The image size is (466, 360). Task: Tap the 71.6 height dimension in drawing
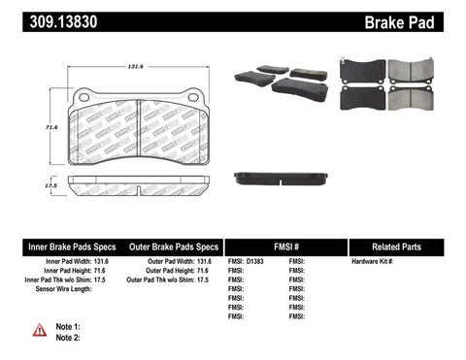coord(41,127)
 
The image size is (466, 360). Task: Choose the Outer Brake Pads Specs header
coord(173,246)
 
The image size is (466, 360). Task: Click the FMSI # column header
coord(285,246)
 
